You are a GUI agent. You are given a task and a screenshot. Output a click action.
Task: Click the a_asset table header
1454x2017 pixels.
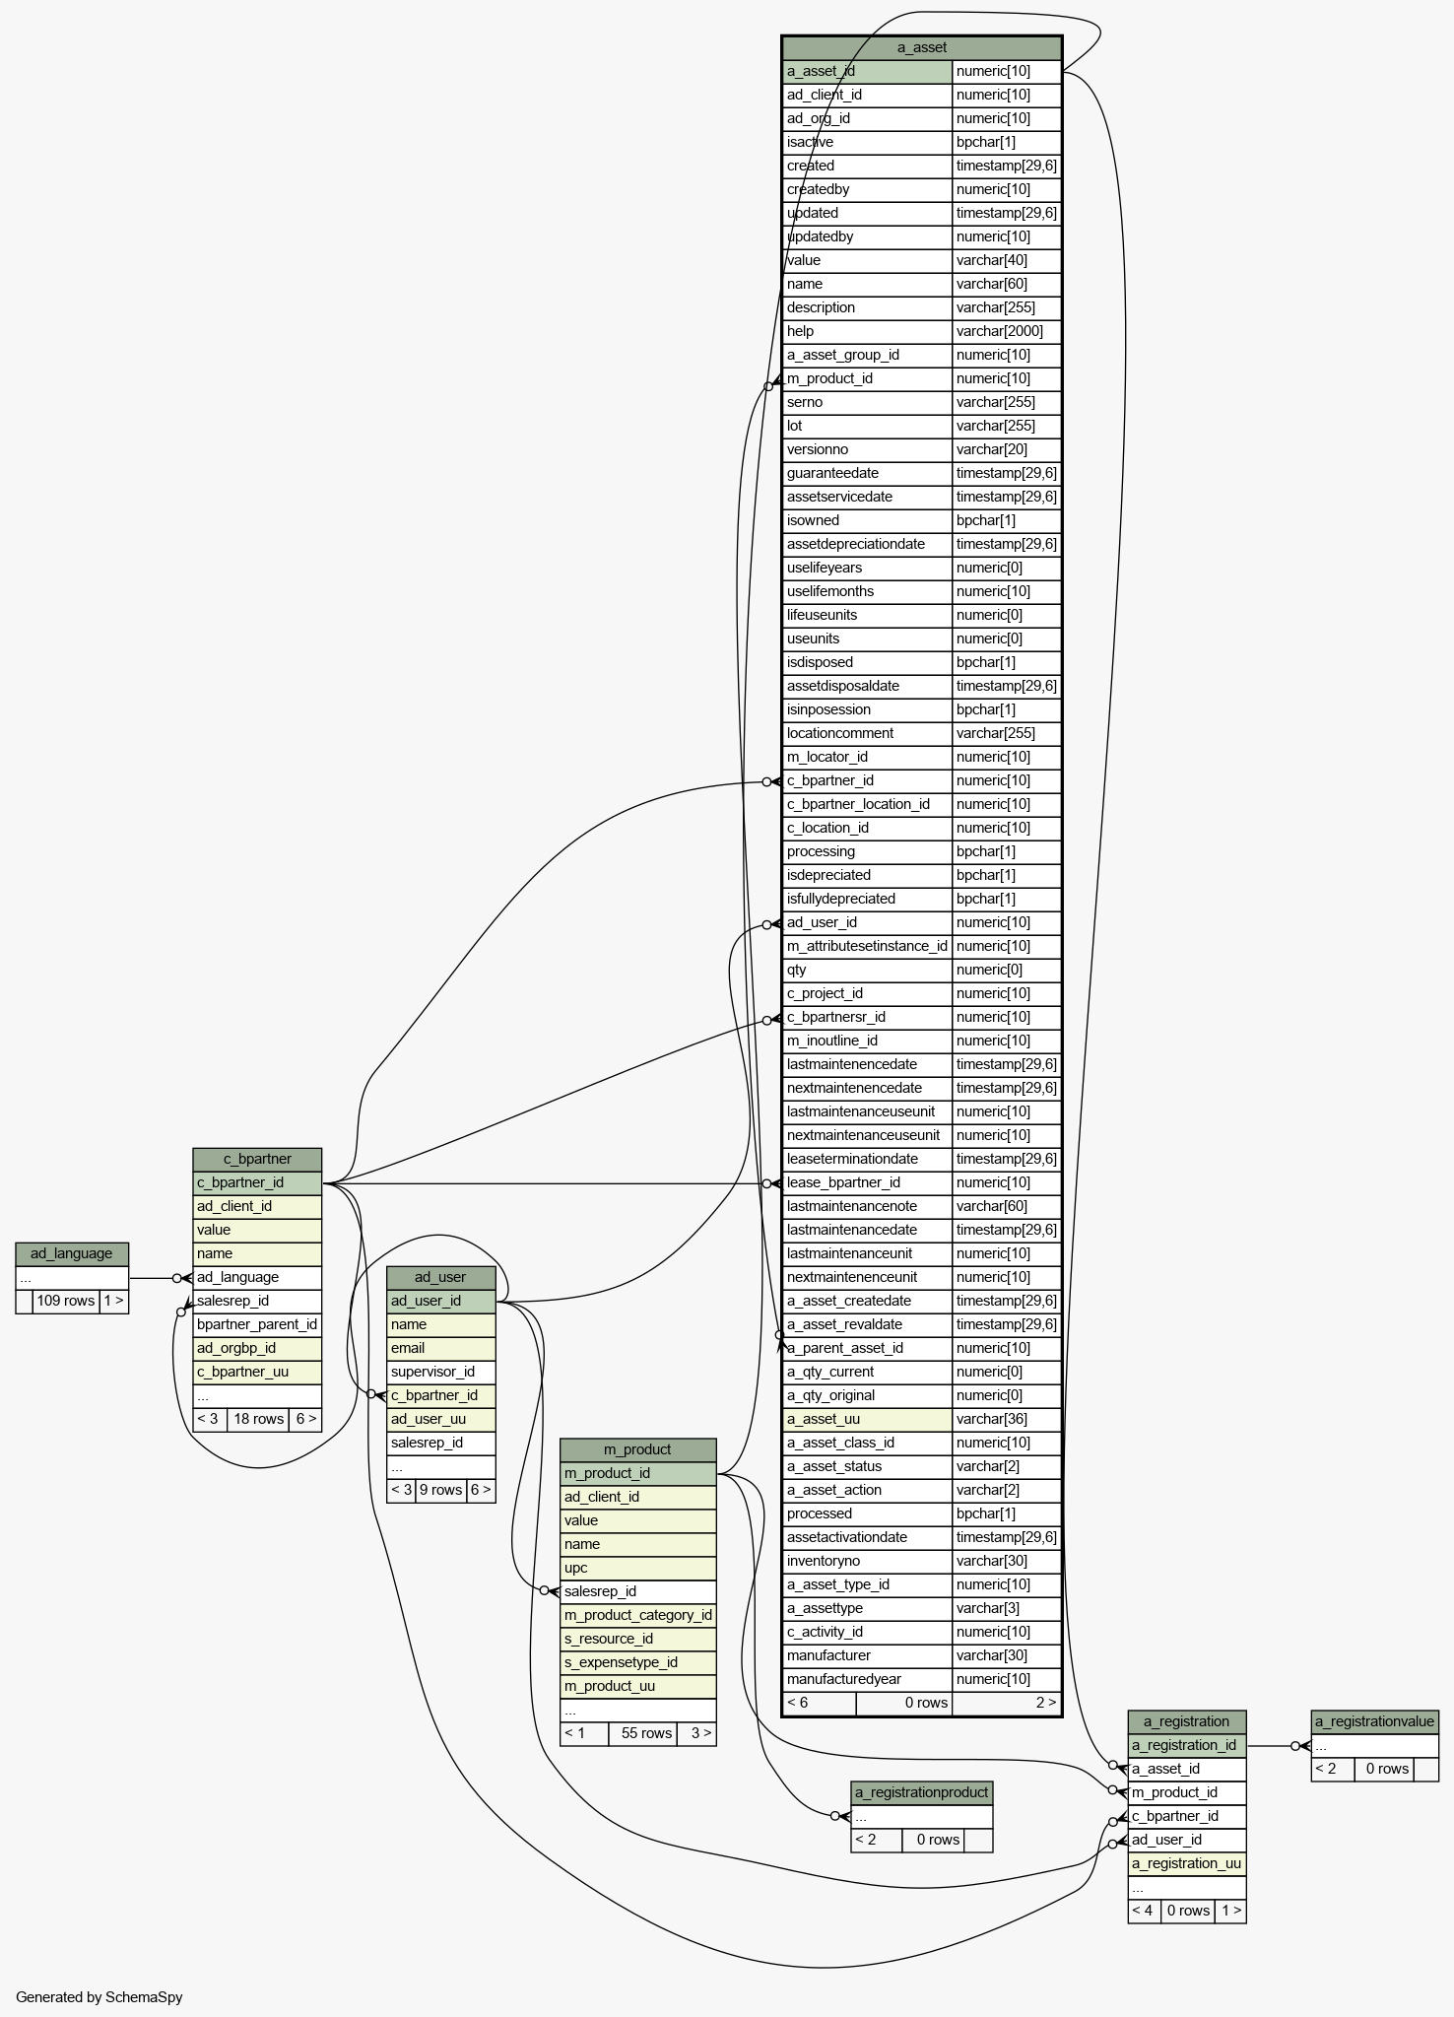921,47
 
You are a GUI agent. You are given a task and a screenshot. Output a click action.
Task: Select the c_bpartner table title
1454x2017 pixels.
257,1159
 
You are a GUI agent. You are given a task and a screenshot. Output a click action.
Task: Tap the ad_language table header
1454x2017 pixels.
71,1253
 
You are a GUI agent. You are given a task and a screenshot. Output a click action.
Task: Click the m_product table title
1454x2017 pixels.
637,1449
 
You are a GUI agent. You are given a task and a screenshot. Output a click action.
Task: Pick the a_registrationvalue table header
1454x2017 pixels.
1374,1721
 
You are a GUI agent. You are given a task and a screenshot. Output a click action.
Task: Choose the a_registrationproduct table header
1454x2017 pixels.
921,1792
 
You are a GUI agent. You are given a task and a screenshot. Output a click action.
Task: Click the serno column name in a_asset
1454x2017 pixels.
805,402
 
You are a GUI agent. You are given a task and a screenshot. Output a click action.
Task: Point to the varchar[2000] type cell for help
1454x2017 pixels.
1000,331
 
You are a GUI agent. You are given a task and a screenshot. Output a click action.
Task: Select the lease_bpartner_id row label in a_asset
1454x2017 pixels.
843,1182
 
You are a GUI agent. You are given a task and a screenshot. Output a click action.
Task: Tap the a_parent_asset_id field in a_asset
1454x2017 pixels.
845,1348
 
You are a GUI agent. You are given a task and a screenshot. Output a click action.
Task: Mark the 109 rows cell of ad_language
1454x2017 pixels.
65,1301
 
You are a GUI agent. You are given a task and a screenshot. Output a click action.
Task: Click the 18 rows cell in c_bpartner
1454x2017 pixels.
258,1419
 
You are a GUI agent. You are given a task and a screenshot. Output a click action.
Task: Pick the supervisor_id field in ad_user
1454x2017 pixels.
433,1372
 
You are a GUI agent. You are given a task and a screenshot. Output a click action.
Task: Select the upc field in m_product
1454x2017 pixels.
576,1568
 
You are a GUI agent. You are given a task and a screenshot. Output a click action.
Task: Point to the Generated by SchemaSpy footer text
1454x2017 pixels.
99,1997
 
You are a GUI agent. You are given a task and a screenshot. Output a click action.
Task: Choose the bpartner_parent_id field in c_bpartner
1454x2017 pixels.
257,1324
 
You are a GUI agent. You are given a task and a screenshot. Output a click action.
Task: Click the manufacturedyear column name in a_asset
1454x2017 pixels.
844,1679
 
